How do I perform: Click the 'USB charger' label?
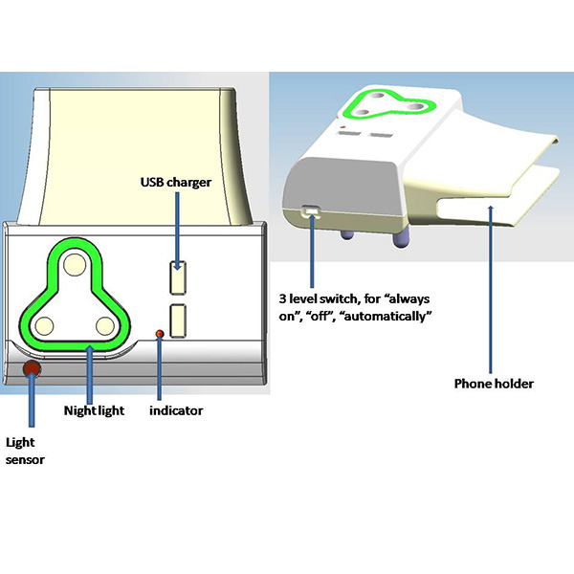tap(176, 183)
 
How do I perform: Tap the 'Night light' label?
tap(94, 410)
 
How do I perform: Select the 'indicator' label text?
tap(176, 410)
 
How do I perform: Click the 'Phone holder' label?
tap(494, 384)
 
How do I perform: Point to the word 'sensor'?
tap(25, 460)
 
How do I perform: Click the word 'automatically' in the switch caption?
tap(386, 316)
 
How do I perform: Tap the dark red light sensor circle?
tap(32, 369)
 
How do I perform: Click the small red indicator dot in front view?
tap(160, 334)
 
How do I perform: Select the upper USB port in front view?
tap(178, 277)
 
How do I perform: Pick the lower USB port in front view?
tap(178, 320)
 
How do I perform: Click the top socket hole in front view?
tap(75, 265)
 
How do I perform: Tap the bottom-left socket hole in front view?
tap(44, 326)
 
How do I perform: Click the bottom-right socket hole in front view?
tap(105, 326)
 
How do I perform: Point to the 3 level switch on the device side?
tap(310, 211)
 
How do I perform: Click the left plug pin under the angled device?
tap(346, 234)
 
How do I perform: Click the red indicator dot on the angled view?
tap(342, 127)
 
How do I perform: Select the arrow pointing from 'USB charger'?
tap(178, 232)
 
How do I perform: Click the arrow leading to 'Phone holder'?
tap(491, 290)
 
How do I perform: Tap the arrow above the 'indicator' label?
tap(159, 367)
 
